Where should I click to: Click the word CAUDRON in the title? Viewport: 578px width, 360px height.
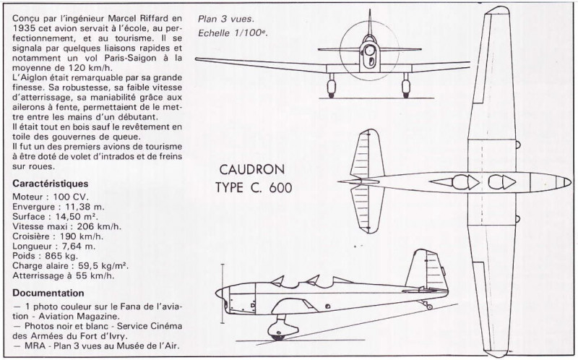coord(252,169)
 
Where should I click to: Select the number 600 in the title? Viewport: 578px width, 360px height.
coord(280,188)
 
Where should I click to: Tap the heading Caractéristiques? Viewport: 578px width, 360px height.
coord(50,184)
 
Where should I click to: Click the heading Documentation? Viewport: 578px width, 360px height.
coord(48,293)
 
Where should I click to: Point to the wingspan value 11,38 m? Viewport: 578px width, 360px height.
coord(85,207)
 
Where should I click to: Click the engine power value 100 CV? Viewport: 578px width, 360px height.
coord(70,197)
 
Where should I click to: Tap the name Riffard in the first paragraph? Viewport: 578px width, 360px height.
coord(154,18)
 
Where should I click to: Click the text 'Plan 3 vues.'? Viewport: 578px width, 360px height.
coord(226,19)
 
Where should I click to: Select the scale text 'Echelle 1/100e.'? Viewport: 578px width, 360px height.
coord(233,33)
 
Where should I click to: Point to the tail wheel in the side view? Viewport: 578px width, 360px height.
coord(429,307)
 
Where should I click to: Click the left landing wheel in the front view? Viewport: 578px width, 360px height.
coord(331,88)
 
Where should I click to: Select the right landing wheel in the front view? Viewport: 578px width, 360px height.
coord(406,88)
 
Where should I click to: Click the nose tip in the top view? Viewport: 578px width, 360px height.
coord(571,182)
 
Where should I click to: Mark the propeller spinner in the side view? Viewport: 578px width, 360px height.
coord(220,294)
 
